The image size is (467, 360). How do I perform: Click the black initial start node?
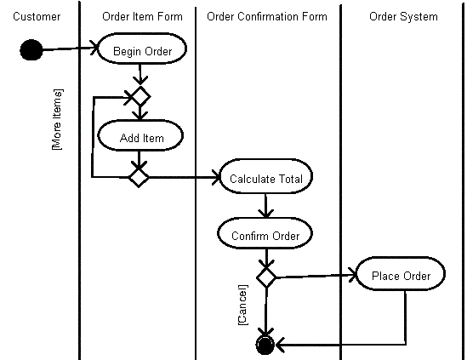click(31, 49)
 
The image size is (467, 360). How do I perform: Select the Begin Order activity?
click(142, 49)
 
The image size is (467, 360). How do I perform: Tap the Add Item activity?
click(140, 135)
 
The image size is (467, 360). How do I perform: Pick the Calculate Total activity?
click(265, 176)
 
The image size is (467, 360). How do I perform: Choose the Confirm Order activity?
click(265, 233)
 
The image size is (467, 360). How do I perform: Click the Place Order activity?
click(401, 273)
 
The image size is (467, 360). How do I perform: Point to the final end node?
click(265, 345)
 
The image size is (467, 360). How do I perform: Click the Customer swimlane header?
click(37, 16)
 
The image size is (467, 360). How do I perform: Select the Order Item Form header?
click(142, 16)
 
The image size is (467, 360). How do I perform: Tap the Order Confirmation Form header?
click(267, 16)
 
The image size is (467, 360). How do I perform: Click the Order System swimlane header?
click(403, 17)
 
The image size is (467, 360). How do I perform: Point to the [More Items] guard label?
click(57, 119)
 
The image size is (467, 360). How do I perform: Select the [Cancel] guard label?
click(242, 305)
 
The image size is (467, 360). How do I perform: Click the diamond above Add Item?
click(140, 96)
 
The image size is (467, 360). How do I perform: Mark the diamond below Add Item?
click(139, 177)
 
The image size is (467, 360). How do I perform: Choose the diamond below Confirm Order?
click(266, 277)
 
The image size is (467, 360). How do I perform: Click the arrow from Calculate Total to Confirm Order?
click(265, 206)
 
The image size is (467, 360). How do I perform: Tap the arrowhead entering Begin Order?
click(94, 48)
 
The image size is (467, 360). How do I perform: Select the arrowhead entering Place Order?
click(353, 275)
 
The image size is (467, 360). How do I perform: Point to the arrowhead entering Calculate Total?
click(216, 177)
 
